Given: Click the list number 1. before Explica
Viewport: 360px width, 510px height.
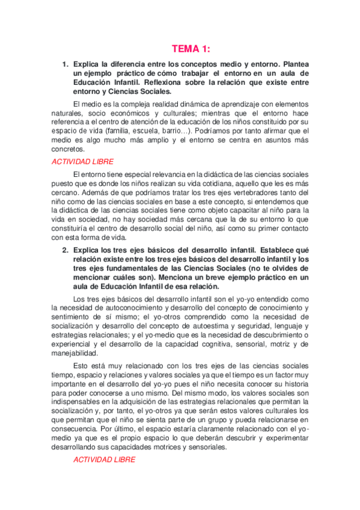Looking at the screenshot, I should tap(66, 64).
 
